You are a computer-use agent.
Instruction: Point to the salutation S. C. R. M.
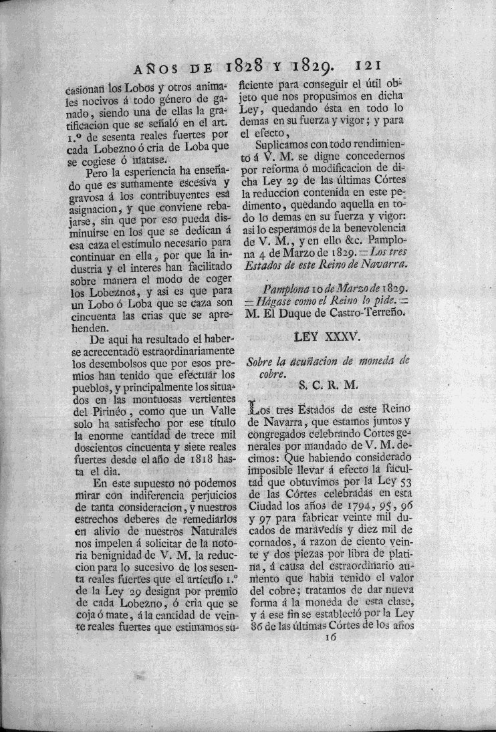coord(328,386)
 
